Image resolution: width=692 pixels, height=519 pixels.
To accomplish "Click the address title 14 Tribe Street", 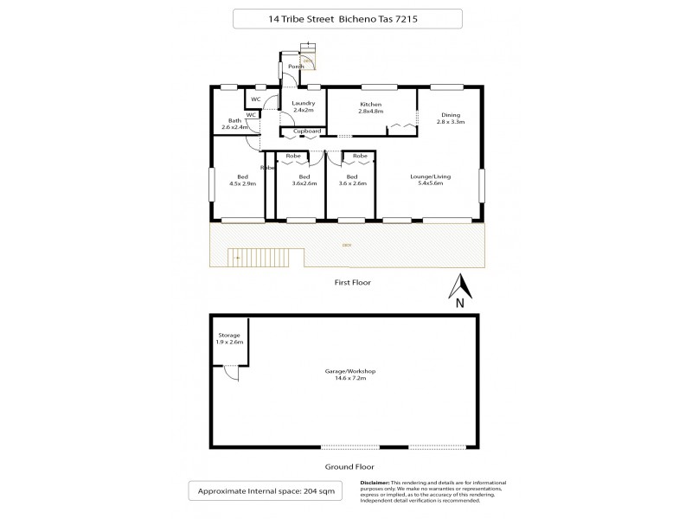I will pyautogui.click(x=346, y=19).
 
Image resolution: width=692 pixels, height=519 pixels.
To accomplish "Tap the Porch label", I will pyautogui.click(x=296, y=67).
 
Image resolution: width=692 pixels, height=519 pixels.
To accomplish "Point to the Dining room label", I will pyautogui.click(x=450, y=119).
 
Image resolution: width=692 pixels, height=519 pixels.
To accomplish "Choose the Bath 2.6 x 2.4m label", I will pyautogui.click(x=234, y=124).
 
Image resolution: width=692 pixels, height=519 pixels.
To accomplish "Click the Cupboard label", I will pyautogui.click(x=307, y=131).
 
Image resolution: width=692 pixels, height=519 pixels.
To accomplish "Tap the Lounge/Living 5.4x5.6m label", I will pyautogui.click(x=430, y=180).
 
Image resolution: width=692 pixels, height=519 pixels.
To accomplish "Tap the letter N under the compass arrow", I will pyautogui.click(x=460, y=303).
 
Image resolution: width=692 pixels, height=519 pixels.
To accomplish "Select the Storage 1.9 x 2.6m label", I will pyautogui.click(x=229, y=338).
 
